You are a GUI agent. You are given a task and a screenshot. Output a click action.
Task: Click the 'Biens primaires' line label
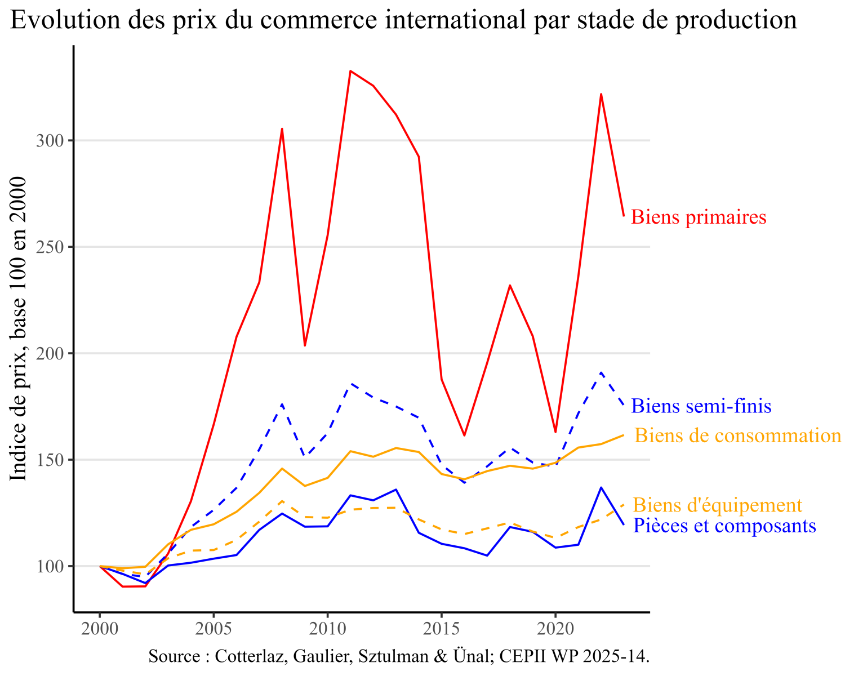point(699,217)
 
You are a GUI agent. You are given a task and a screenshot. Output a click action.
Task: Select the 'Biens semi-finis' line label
point(701,406)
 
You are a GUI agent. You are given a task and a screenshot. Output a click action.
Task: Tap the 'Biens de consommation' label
point(737,435)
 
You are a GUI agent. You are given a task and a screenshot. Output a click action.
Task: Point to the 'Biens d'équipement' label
point(717,505)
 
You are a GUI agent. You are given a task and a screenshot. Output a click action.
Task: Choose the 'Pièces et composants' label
point(724,526)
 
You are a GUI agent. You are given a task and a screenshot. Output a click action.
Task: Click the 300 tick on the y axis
point(50,141)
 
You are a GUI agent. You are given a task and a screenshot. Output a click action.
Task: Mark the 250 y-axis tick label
point(50,247)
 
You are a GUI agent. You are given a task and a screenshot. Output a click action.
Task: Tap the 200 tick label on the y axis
point(50,354)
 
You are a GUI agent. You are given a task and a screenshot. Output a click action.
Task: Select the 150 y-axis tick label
point(50,460)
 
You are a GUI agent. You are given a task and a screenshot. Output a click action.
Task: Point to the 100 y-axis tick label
point(50,567)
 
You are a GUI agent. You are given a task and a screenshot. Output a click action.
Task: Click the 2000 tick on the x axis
point(100,628)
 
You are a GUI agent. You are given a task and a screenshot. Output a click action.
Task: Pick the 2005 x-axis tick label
point(214,628)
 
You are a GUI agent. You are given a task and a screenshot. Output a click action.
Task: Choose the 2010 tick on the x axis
point(327,628)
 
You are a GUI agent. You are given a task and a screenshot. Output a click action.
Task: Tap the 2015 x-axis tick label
point(441,628)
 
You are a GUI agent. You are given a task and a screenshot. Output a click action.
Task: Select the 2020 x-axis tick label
point(555,628)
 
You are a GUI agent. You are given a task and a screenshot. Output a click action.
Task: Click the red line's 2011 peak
point(350,71)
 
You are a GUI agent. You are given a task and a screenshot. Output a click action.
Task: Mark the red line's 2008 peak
point(282,129)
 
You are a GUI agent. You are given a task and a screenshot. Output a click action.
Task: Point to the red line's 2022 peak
point(601,94)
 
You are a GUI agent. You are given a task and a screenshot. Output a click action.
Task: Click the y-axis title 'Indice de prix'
point(19,328)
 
